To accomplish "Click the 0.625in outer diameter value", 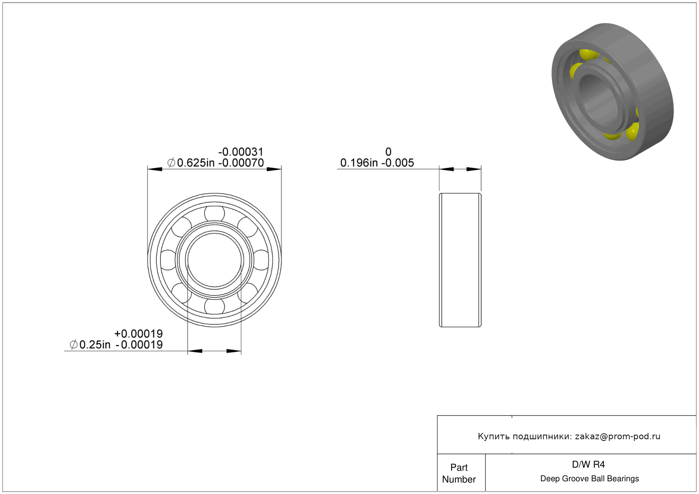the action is (x=196, y=163).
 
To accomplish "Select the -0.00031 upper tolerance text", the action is (x=241, y=152).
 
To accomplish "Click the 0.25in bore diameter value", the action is (x=95, y=345).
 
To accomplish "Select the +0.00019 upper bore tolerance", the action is (x=138, y=334).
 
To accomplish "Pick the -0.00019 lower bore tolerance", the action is (x=139, y=345).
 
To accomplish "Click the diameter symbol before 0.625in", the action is (x=171, y=163).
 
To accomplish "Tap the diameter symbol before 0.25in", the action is (x=73, y=345).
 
